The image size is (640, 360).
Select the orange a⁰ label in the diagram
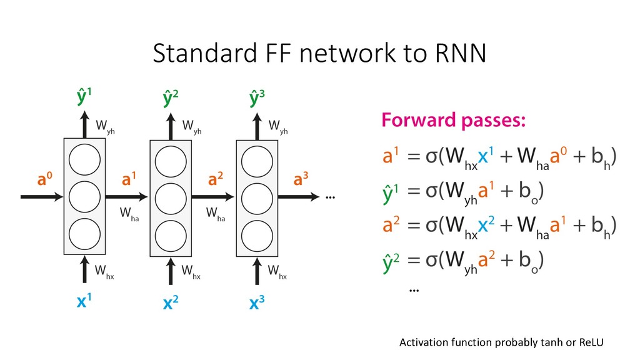(36, 181)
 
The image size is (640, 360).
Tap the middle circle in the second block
(169, 196)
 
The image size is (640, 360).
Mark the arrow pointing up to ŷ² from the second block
(169, 125)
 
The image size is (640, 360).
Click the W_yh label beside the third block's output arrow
(278, 128)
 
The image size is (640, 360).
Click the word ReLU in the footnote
(592, 342)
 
